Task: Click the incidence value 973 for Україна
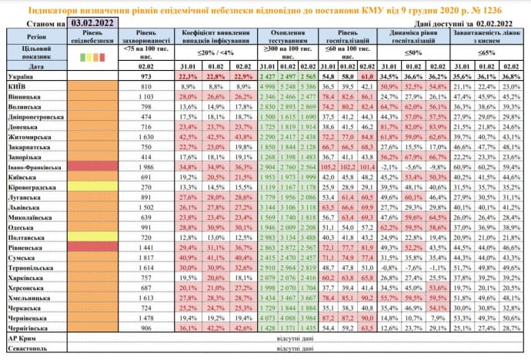click(149, 78)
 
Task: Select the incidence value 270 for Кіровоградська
click(149, 187)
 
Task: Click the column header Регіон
click(35, 36)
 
